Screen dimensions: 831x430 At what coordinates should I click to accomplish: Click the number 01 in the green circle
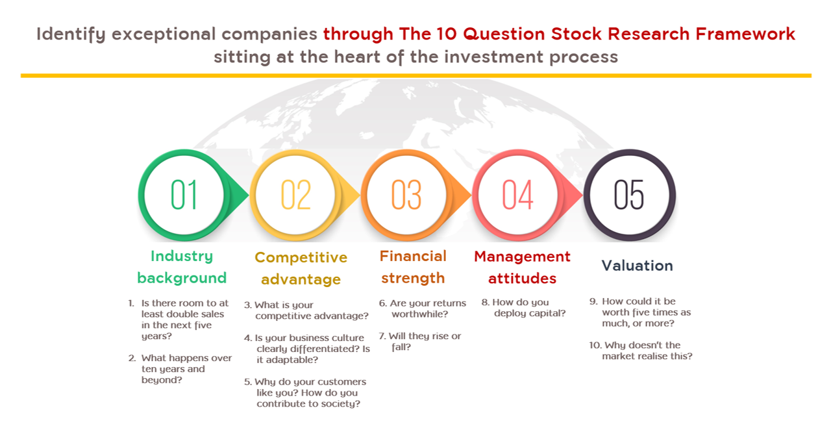point(184,195)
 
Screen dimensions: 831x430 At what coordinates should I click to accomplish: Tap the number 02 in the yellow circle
point(295,195)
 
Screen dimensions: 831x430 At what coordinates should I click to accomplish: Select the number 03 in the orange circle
point(406,195)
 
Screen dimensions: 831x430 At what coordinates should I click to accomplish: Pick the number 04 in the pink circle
point(517,195)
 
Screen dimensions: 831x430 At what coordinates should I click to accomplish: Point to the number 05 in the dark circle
point(629,195)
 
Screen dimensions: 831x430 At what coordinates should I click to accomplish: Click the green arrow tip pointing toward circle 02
point(248,195)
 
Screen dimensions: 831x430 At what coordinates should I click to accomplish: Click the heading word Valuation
point(637,266)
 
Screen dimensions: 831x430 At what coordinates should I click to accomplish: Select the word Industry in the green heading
point(182,257)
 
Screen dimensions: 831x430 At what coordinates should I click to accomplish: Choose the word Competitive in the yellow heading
point(301,257)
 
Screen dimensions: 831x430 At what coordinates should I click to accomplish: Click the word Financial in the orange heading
point(413,256)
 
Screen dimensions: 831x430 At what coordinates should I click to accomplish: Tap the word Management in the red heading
point(522,257)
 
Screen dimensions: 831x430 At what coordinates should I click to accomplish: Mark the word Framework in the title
point(745,34)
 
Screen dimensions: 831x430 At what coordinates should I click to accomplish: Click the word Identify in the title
point(71,34)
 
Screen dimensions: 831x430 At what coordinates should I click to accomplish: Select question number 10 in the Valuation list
point(595,345)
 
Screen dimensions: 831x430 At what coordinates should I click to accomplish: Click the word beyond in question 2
point(162,380)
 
